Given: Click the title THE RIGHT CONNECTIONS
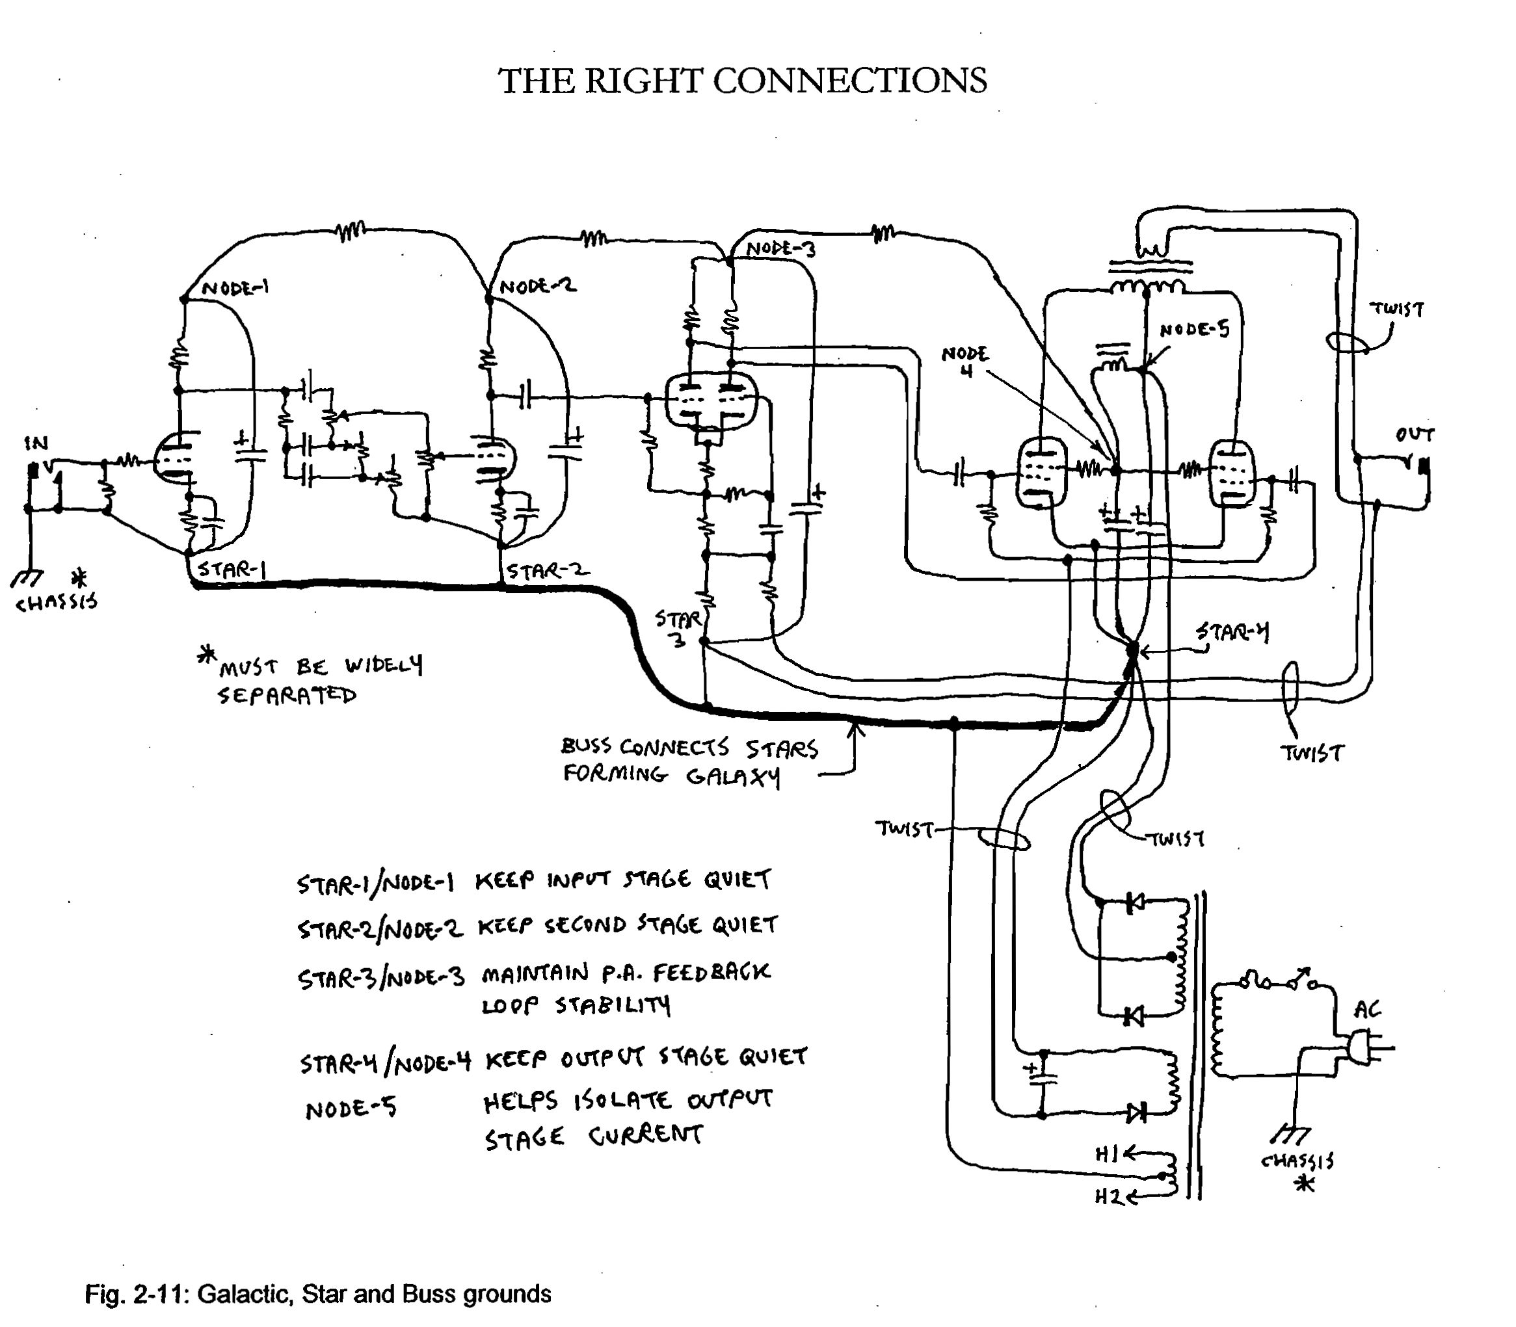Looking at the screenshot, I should coord(742,81).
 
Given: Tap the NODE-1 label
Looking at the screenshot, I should coord(235,288).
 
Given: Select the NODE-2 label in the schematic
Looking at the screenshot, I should coord(538,287).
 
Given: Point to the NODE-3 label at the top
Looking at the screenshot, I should coord(780,249).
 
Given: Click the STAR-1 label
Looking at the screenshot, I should coord(232,570).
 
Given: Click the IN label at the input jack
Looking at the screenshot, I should coord(36,443).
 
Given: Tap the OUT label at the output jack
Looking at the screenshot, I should coord(1414,435).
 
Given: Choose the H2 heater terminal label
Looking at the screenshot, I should coord(1109,1197).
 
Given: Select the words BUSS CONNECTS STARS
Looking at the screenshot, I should coord(689,748).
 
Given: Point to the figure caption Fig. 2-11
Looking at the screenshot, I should coord(318,1294).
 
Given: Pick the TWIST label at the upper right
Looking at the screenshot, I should coord(1397,309).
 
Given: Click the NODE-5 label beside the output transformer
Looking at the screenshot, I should coord(1194,329).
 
